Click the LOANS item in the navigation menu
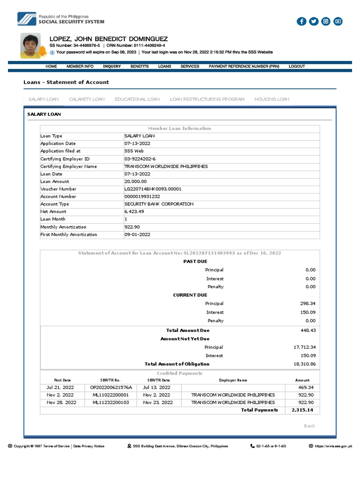pos(165,67)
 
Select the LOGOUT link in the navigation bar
pos(297,67)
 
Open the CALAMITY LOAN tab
pos(87,99)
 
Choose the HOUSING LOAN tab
pos(272,99)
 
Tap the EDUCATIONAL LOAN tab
pos(137,99)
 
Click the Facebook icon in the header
pos(301,21)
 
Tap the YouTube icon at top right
pos(338,21)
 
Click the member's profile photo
pos(31,45)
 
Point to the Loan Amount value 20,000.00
pos(135,181)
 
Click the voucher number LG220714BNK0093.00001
pos(153,189)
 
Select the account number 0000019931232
pos(142,196)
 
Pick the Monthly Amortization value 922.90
pos(132,227)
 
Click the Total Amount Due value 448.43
pos(307,330)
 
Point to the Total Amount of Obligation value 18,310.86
pos(304,364)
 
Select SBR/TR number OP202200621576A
pos(111,388)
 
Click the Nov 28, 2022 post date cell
pos(62,402)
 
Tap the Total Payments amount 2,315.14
pos(302,410)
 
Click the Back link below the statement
pos(309,426)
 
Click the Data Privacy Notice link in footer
pos(89,446)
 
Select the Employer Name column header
pos(233,380)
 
